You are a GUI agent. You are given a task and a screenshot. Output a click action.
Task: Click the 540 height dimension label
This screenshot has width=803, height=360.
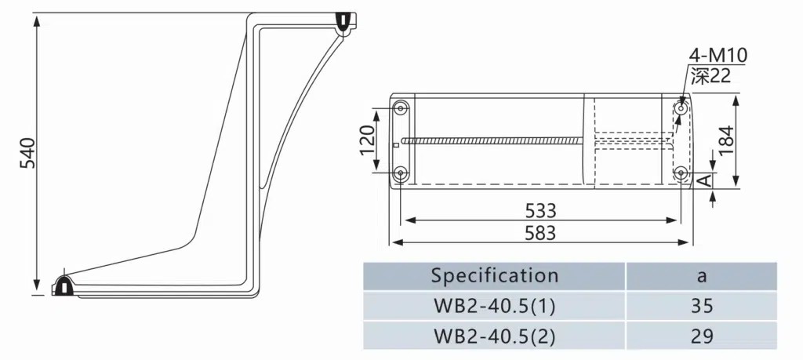(x=27, y=153)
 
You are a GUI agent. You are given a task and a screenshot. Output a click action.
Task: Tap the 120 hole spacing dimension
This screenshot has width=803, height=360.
(x=368, y=140)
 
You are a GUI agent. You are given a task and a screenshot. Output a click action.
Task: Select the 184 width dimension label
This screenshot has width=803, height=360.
(x=726, y=141)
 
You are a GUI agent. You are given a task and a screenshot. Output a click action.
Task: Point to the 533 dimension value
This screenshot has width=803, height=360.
(x=540, y=210)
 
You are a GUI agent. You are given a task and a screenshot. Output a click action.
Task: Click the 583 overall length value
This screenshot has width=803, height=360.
(x=540, y=233)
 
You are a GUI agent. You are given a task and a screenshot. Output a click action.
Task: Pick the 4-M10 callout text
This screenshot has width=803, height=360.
(x=718, y=56)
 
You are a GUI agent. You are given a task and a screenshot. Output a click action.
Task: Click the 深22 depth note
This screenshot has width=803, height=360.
(x=710, y=75)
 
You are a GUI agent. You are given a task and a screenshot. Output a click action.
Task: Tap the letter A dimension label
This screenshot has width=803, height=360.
(x=706, y=180)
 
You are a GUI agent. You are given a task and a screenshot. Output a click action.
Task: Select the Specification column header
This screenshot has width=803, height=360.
(x=494, y=275)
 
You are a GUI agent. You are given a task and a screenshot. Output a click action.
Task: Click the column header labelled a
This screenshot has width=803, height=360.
(x=702, y=276)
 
